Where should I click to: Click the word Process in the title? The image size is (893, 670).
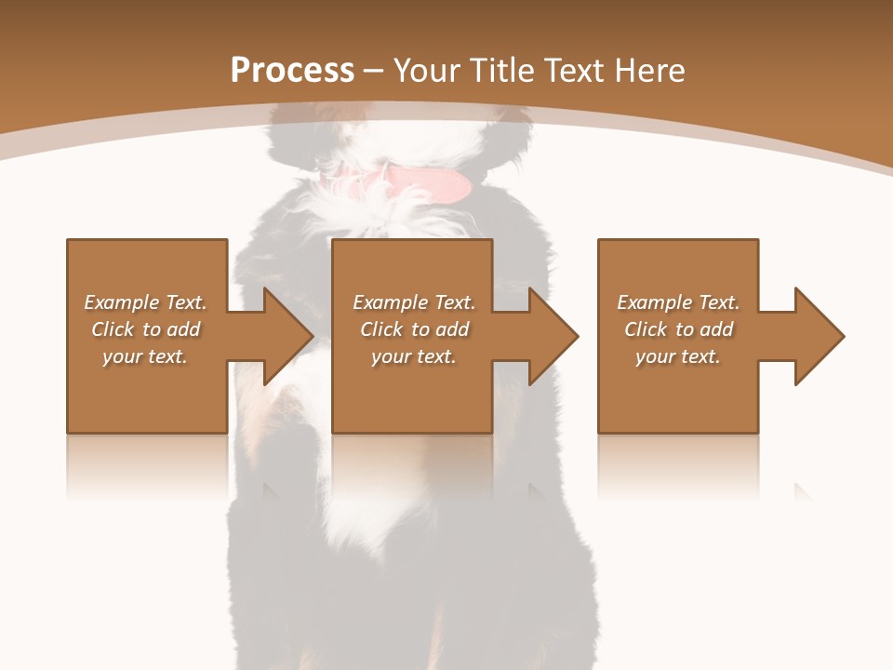pyautogui.click(x=292, y=71)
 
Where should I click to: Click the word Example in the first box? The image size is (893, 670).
pyautogui.click(x=122, y=302)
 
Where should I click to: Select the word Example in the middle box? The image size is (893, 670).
pyautogui.click(x=391, y=302)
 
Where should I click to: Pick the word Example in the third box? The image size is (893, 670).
pyautogui.click(x=655, y=302)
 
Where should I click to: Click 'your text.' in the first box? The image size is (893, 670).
pyautogui.click(x=145, y=356)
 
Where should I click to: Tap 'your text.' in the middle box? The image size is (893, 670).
pyautogui.click(x=413, y=356)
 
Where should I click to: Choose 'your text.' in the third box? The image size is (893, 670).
pyautogui.click(x=677, y=356)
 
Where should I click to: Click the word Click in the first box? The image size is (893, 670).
pyautogui.click(x=113, y=329)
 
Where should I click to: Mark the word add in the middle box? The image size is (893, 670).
pyautogui.click(x=452, y=329)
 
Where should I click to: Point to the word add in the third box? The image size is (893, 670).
pyautogui.click(x=716, y=329)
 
